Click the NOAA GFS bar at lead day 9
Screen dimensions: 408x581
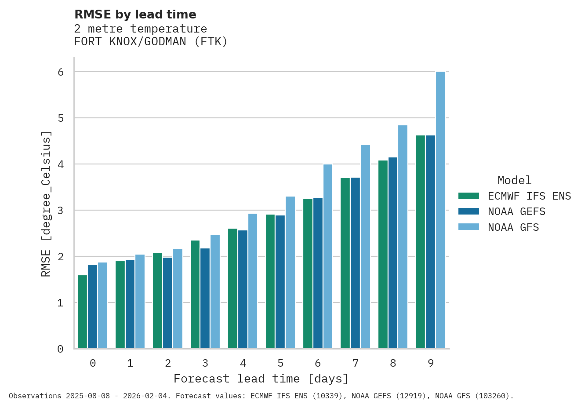pos(440,210)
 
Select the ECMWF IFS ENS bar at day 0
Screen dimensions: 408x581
pos(82,312)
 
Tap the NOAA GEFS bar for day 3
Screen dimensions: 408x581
pos(205,299)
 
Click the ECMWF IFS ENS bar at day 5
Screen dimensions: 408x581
pos(270,281)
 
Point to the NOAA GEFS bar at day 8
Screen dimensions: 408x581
pos(393,253)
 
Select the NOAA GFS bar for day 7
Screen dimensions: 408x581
pos(365,247)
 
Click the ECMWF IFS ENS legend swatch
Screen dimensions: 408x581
pos(468,196)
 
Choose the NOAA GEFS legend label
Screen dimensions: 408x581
pos(516,212)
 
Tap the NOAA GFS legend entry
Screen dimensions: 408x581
pos(513,227)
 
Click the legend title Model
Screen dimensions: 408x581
pos(514,180)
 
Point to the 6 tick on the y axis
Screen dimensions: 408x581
pos(61,72)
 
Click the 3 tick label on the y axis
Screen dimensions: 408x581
pos(61,211)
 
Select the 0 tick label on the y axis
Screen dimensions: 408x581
pos(61,349)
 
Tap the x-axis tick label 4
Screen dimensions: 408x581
pos(243,363)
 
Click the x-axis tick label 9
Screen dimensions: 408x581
pos(431,363)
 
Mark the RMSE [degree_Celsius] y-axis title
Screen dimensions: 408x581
pos(46,204)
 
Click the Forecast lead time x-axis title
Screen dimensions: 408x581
pos(261,379)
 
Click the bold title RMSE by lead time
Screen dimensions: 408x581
pos(135,15)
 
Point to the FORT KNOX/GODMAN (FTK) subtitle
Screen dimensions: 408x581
pos(151,42)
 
